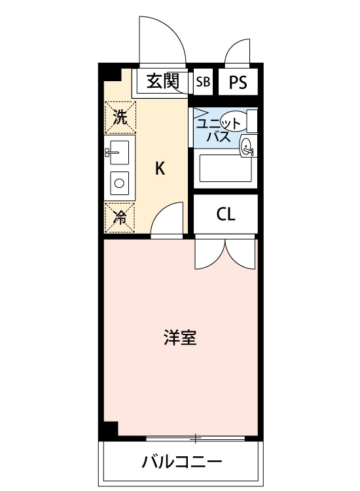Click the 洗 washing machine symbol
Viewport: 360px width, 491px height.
(120, 117)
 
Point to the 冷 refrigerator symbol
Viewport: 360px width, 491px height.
(120, 217)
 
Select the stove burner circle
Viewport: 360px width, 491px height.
(120, 183)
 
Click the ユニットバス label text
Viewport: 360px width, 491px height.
(216, 130)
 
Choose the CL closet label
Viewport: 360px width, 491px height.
(225, 215)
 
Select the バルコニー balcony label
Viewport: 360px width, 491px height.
(183, 462)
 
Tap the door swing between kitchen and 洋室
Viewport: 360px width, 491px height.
(168, 219)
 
